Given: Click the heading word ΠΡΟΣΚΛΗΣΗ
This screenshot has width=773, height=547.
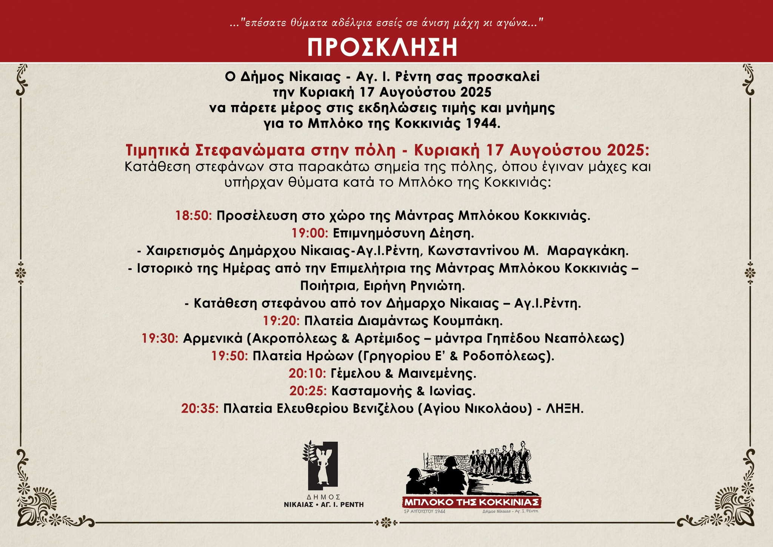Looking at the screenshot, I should [x=382, y=47].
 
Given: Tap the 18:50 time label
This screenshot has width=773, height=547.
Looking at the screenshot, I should [x=194, y=216].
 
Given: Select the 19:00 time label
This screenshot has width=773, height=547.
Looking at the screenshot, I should [x=310, y=233].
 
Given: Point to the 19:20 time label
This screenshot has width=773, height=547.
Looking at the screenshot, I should [x=281, y=321].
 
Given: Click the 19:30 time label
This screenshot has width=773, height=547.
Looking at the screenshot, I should [x=160, y=338].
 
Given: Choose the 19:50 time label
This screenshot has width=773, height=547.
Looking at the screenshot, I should [x=229, y=356].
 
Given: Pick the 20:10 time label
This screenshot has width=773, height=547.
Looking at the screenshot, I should [x=307, y=373].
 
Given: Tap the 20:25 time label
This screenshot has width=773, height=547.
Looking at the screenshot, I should [x=308, y=391].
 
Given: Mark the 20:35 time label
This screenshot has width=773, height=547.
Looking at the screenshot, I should [x=200, y=408].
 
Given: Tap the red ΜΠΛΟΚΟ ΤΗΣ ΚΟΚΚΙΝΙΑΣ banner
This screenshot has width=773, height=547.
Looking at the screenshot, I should [x=472, y=502].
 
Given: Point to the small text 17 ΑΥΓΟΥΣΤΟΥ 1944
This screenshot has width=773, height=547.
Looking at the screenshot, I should [x=424, y=512].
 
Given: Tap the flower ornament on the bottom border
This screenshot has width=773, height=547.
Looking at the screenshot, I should [x=385, y=523].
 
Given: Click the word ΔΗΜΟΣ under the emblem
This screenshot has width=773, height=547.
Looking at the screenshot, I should [x=324, y=497].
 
